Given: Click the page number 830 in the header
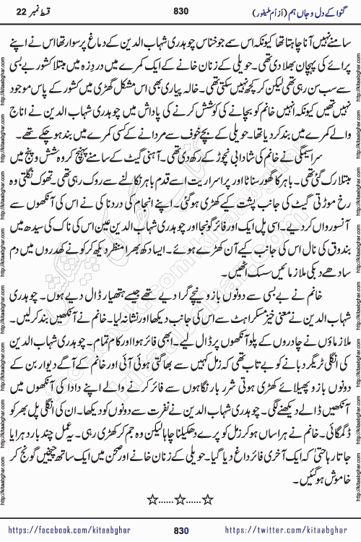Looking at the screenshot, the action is pos(180,12).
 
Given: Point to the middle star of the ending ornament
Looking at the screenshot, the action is pos(180,478).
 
